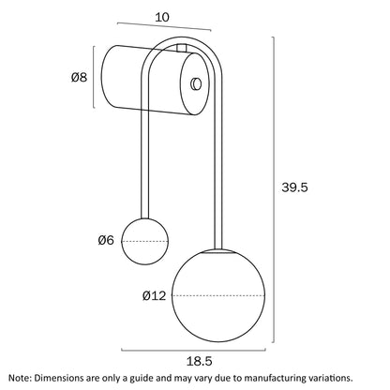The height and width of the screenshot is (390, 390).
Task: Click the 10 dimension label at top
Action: [x=162, y=17]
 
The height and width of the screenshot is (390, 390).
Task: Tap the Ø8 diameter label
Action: [x=79, y=77]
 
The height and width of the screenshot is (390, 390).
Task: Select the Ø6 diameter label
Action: [x=106, y=240]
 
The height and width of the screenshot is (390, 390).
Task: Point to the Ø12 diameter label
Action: [x=154, y=295]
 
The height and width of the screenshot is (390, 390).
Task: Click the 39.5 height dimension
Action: [x=294, y=187]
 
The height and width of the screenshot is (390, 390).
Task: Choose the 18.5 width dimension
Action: [x=200, y=362]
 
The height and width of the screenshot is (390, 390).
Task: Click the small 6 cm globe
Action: [x=145, y=241]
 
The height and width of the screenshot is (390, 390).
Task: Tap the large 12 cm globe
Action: [x=218, y=295]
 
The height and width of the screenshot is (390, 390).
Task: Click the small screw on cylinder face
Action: [x=196, y=83]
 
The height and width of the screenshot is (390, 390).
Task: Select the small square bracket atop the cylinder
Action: [x=182, y=48]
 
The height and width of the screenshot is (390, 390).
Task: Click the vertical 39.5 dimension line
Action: [x=274, y=189]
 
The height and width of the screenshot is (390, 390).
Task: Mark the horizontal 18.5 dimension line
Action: [x=193, y=351]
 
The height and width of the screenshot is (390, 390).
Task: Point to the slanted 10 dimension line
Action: [x=164, y=26]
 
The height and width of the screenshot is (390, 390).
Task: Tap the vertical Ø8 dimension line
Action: [x=94, y=77]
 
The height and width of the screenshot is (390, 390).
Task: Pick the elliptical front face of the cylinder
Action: [x=194, y=84]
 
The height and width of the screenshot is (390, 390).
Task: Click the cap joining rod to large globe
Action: [x=218, y=251]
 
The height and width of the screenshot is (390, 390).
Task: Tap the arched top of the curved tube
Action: [x=181, y=39]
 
